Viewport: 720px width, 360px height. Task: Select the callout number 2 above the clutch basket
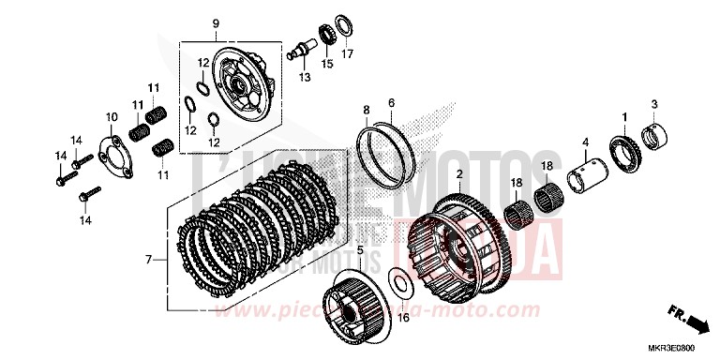[458, 174]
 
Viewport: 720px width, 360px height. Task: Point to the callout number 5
[360, 249]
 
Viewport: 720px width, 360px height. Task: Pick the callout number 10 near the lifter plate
[111, 116]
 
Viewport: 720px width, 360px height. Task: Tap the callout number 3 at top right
[655, 103]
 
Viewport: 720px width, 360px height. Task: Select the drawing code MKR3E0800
[682, 349]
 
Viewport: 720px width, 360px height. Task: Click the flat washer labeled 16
[397, 284]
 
